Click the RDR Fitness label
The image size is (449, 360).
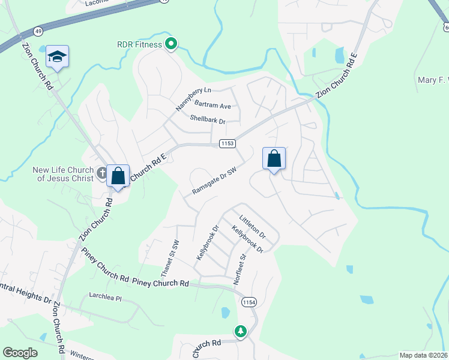[x=139, y=44]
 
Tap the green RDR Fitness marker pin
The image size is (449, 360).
[x=171, y=44]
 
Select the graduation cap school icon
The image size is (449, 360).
[x=57, y=56]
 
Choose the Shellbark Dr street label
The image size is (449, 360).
[x=207, y=121]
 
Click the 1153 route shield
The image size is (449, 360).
[x=227, y=144]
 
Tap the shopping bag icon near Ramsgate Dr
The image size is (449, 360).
[x=274, y=159]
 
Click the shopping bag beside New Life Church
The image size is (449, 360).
[x=118, y=176]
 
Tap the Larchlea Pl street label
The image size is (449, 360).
[x=105, y=297]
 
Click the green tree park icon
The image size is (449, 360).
[x=241, y=331]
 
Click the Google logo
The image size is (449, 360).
[x=20, y=353]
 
